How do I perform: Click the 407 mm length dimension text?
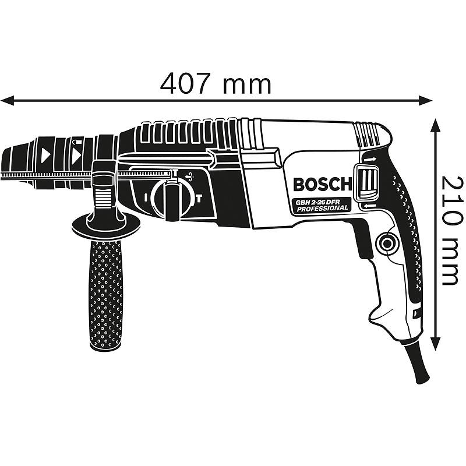pos(216,84)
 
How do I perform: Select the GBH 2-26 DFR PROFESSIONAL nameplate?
pos(321,205)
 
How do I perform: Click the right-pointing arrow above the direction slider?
pos(368,159)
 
